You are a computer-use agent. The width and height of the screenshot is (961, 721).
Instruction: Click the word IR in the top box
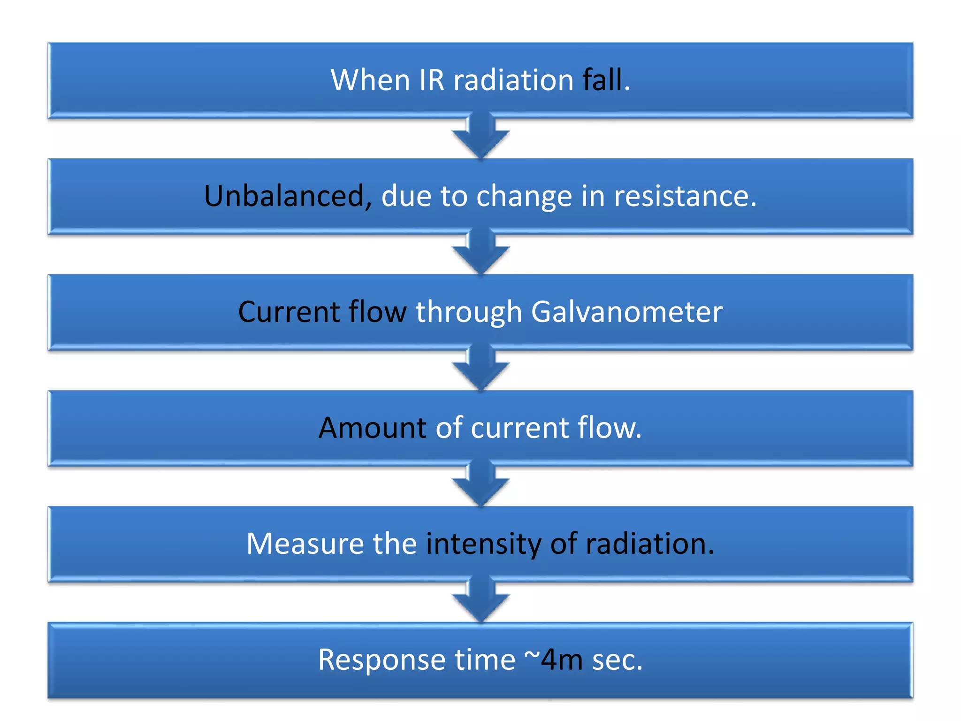point(431,80)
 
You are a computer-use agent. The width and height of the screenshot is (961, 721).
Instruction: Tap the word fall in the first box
point(603,80)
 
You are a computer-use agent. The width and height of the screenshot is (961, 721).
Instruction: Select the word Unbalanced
point(284,196)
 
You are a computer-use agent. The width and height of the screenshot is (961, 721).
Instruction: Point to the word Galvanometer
point(626,312)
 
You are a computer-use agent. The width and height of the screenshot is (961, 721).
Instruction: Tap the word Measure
point(305,544)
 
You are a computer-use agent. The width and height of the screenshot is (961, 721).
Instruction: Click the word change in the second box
point(524,197)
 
